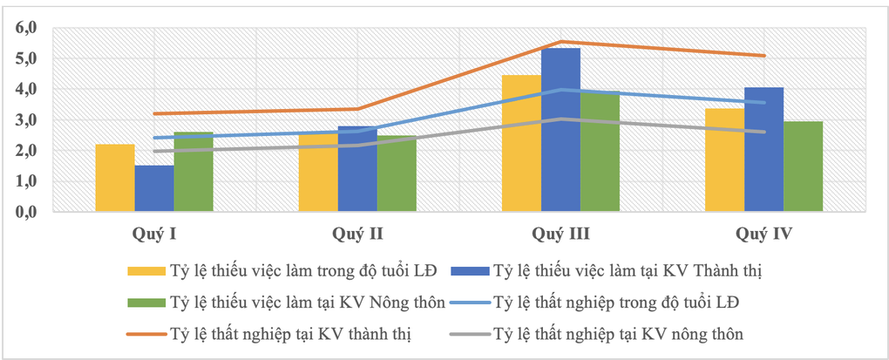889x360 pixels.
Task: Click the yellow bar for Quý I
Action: pos(115,178)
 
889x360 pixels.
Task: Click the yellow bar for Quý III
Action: pos(521,143)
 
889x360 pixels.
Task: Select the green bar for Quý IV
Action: pos(803,166)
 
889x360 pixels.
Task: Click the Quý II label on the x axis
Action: pos(357,234)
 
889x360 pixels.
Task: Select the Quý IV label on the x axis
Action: pos(763,234)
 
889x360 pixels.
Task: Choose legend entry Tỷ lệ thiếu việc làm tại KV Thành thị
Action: pos(627,271)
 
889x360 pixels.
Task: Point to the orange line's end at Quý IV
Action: pos(764,56)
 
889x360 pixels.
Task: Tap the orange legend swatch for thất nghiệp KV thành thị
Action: pos(146,333)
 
